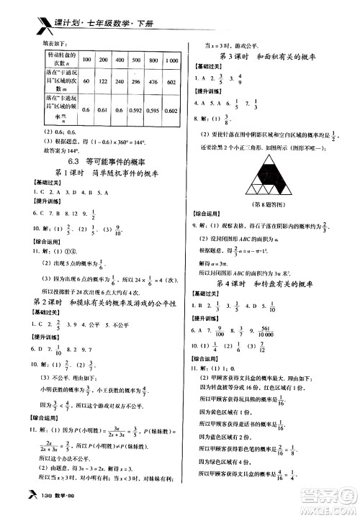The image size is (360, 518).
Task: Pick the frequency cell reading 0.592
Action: pos(131,111)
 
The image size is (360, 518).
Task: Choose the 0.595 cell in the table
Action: pos(151,111)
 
